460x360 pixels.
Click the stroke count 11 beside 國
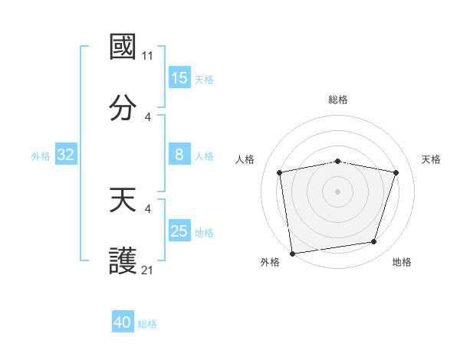tap(148, 56)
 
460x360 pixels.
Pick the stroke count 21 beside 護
tap(148, 270)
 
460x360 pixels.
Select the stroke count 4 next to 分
tap(148, 117)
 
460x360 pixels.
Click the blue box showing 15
tap(179, 78)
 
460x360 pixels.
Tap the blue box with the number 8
tap(179, 155)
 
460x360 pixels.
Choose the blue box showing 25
tap(179, 231)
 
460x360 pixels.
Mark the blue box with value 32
tap(66, 155)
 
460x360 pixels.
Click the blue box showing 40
tap(123, 322)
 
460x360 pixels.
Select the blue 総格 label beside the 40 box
tap(148, 324)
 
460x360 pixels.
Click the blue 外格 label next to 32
tap(41, 155)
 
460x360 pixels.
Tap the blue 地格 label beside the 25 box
tap(204, 232)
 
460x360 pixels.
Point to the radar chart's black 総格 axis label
tap(338, 100)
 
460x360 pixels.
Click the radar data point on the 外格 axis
tap(292, 253)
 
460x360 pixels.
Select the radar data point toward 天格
tap(396, 172)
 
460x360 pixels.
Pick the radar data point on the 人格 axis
tap(280, 172)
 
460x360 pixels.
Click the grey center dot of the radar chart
tap(338, 191)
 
